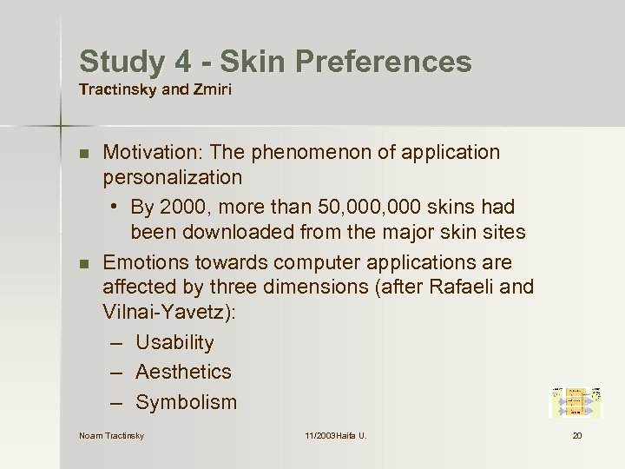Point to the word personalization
(x=173, y=178)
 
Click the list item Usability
(x=174, y=343)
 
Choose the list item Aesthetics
(x=183, y=372)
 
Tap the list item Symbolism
(x=186, y=402)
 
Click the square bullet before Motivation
(x=83, y=154)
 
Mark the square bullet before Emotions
(x=83, y=263)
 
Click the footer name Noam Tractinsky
(x=111, y=435)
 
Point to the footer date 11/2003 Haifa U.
(x=335, y=435)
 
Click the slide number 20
(x=577, y=435)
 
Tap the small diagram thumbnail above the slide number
(x=576, y=403)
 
